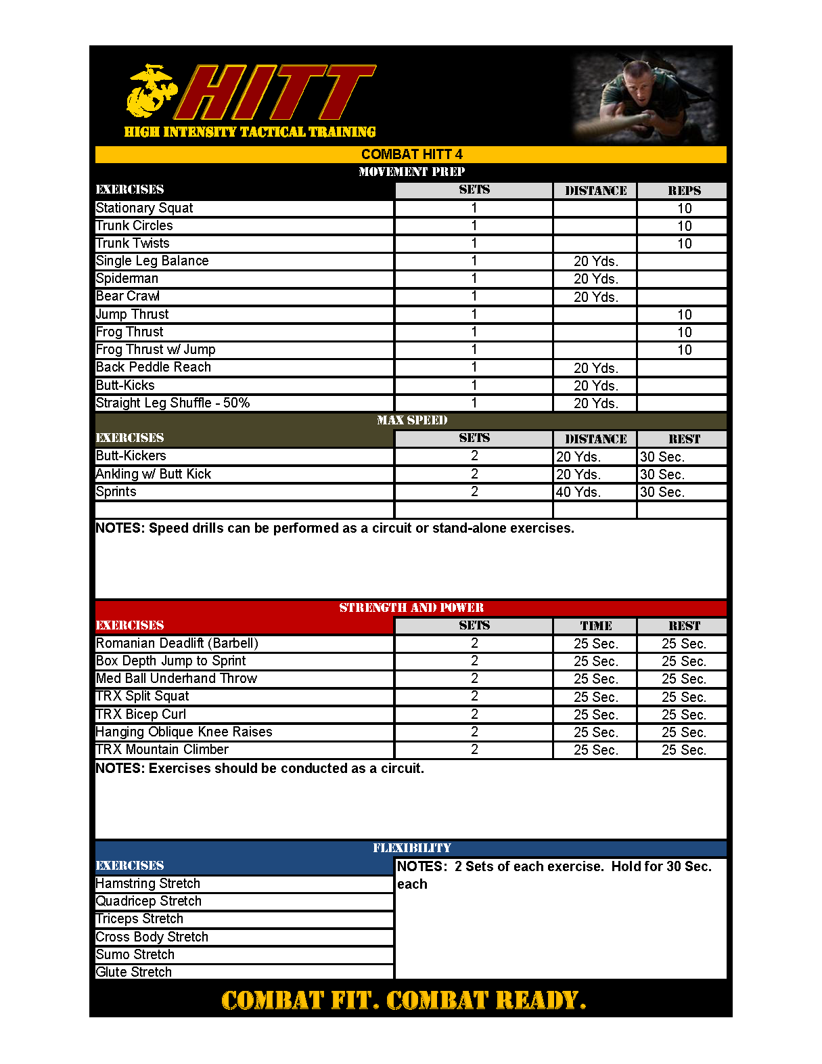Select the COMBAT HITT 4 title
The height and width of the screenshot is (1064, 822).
coord(411,154)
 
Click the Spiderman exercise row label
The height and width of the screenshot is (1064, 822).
coord(127,278)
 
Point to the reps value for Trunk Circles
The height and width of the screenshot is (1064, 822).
coord(684,226)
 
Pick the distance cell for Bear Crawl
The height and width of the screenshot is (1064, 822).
coord(595,296)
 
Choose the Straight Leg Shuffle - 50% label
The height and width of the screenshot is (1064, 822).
coord(173,403)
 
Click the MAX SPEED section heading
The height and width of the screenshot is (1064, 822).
coord(411,420)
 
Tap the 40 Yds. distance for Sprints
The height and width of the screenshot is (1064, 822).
coord(578,492)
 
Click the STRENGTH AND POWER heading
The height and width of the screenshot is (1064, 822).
coord(411,608)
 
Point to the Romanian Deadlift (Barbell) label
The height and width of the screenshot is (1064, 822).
coord(177,643)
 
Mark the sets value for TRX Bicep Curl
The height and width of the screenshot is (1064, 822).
coord(474,714)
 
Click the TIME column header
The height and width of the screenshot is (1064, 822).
coord(595,626)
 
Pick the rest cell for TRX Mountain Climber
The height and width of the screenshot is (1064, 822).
coord(683,750)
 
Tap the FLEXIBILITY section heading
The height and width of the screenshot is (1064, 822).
coord(411,848)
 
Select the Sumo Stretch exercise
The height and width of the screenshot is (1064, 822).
coord(135,954)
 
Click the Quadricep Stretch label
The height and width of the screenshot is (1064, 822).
coord(148,901)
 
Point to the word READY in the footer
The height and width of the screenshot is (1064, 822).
coord(540,1000)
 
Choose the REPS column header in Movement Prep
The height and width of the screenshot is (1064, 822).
coord(684,191)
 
